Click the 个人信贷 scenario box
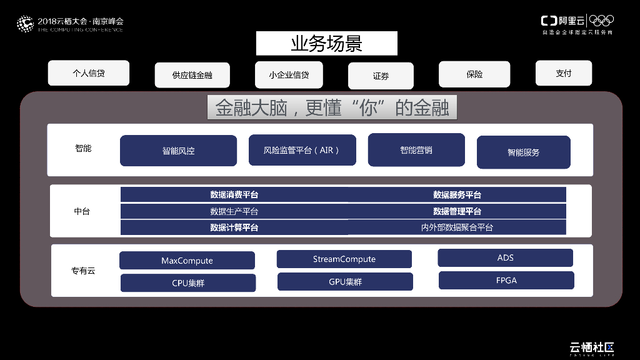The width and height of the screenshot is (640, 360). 89,73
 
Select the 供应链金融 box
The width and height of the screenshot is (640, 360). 192,75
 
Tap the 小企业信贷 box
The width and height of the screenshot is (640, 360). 289,74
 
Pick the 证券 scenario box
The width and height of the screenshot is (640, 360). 381,76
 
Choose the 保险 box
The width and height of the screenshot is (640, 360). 474,74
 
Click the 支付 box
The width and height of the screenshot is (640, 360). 564,73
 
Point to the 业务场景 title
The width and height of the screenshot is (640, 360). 326,44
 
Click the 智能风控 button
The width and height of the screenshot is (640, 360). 178,151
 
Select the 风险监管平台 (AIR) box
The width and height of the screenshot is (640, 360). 302,150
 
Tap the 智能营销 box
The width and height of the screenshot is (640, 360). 416,150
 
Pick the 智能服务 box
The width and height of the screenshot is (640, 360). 523,152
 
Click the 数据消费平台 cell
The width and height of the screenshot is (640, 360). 234,195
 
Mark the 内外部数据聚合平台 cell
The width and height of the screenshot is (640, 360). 457,227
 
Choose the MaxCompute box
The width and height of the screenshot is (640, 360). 187,261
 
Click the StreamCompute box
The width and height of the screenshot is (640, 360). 344,259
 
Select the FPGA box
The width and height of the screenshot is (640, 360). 506,280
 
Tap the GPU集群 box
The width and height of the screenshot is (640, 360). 345,282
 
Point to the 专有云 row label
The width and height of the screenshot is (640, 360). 83,271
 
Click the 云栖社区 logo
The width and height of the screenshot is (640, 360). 591,347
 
